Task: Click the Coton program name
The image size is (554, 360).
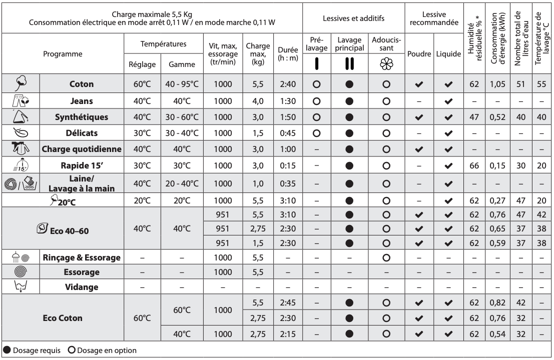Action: click(x=81, y=85)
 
